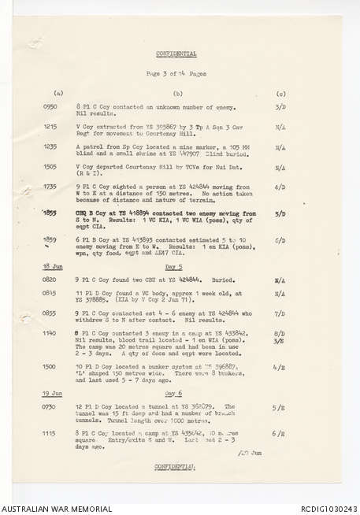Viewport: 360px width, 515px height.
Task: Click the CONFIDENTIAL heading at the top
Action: coord(176,54)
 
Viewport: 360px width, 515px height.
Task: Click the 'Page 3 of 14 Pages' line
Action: coord(176,73)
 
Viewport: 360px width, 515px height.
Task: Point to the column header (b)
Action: coord(178,93)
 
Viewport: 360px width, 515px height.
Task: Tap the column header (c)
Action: coord(281,93)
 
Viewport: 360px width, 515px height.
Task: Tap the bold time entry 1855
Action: coord(50,213)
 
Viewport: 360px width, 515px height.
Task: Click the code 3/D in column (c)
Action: coord(280,106)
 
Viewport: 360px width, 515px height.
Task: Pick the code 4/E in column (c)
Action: coord(280,366)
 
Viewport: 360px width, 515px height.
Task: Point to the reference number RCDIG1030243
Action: coord(328,508)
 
